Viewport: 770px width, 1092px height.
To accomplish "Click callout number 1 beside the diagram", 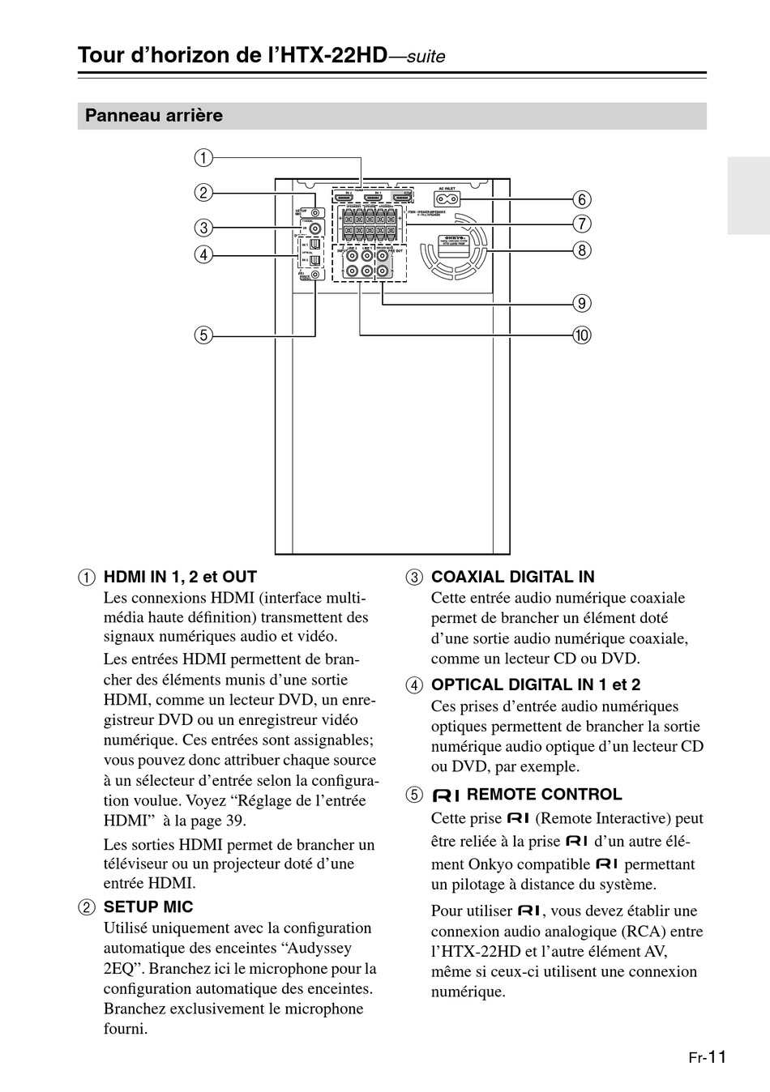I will [203, 157].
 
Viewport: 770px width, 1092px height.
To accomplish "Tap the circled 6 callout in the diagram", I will [581, 199].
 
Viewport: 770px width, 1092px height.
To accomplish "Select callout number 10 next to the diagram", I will [581, 335].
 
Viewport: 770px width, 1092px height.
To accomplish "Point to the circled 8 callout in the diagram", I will [581, 250].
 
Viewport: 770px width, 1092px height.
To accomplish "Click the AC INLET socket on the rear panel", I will [447, 198].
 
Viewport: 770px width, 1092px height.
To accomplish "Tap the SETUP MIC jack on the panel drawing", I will [314, 212].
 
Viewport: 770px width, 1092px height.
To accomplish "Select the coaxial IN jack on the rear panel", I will [314, 228].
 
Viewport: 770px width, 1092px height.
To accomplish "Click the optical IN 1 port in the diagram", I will [314, 244].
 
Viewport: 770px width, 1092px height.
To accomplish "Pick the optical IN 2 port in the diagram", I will [314, 260].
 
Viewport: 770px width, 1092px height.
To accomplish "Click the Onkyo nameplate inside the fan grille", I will [453, 241].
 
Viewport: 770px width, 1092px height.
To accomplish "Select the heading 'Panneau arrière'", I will [154, 116].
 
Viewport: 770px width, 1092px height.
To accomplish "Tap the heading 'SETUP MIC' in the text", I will [148, 906].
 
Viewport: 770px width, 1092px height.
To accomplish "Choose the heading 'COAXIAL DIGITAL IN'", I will [512, 577].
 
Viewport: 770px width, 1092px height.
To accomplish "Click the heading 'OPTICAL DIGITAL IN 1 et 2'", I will [535, 685].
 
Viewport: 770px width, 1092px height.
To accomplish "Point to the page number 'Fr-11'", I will [707, 1056].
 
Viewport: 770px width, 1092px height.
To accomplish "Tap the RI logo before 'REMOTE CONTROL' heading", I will [446, 795].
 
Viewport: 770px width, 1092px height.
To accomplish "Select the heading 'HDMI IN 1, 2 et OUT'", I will [180, 577].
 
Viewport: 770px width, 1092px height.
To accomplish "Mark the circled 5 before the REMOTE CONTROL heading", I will [414, 795].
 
